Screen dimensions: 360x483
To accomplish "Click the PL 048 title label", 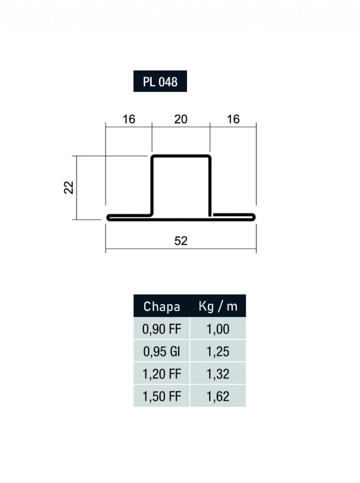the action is click(x=160, y=81).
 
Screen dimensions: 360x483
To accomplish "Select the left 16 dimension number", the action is click(x=129, y=119).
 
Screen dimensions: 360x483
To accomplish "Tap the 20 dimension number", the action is click(x=181, y=119).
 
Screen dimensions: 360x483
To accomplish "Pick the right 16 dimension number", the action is click(x=233, y=119).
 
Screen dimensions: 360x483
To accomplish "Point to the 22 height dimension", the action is click(x=69, y=187).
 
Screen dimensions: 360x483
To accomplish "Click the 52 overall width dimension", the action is click(x=181, y=241).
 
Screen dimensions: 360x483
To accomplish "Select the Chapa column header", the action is click(x=161, y=306).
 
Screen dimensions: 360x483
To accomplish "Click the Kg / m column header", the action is click(x=218, y=306).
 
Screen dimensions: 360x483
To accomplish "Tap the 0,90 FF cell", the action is click(x=161, y=329).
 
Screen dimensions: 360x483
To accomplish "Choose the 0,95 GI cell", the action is click(x=161, y=352).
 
